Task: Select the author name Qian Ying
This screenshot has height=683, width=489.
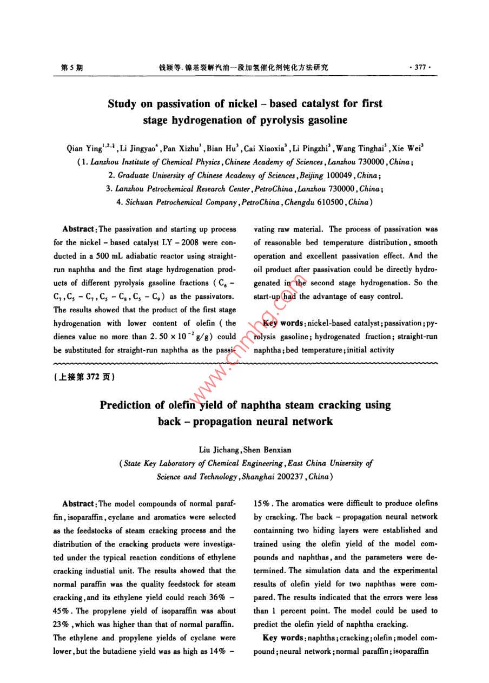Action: pos(81,148)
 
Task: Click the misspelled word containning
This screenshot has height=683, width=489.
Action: pos(275,530)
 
